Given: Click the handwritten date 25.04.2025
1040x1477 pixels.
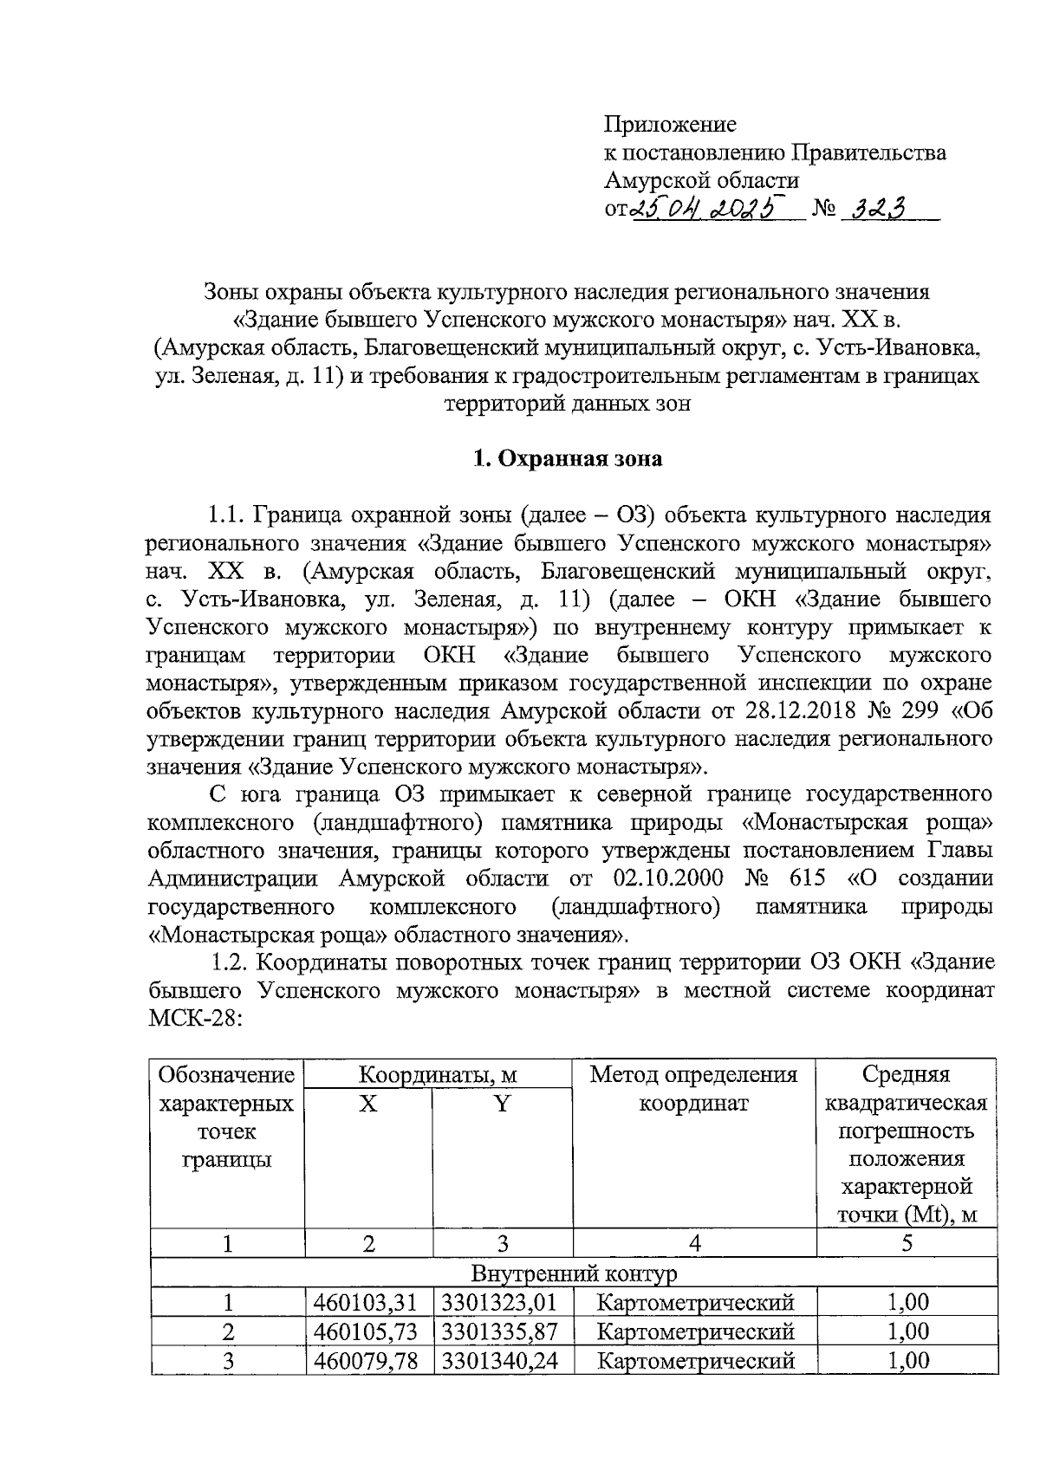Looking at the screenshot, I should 707,208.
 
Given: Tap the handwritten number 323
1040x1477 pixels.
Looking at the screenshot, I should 876,208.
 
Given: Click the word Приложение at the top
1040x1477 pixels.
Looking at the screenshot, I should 670,125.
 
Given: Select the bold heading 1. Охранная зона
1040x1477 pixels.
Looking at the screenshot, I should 567,458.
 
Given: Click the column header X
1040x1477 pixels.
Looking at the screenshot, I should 368,1104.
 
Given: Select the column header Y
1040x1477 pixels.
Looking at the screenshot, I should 502,1104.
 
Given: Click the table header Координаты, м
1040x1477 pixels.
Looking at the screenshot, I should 438,1075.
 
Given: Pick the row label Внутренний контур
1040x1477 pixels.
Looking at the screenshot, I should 573,1273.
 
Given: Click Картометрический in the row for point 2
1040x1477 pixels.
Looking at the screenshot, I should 696,1331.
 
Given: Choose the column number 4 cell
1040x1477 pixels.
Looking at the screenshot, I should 694,1244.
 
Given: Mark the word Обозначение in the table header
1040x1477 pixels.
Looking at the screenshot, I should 226,1075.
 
